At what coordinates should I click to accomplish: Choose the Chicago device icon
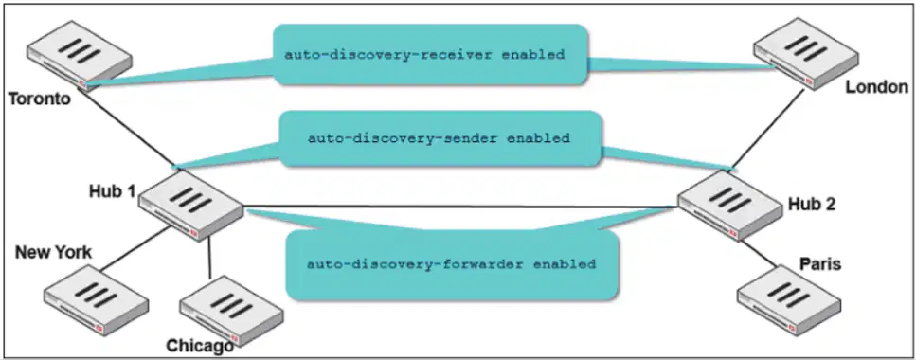point(231,311)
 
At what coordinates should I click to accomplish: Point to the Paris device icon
point(789,299)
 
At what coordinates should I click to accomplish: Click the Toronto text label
point(40,99)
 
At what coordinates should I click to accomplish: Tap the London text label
point(877,88)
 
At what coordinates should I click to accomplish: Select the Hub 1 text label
point(112,191)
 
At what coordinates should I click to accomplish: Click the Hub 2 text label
point(812,204)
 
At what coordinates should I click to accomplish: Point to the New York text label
point(53,252)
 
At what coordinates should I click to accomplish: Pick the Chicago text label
point(201,346)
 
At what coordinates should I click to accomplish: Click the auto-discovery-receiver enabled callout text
point(424,56)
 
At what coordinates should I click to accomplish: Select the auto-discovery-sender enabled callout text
point(439,139)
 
